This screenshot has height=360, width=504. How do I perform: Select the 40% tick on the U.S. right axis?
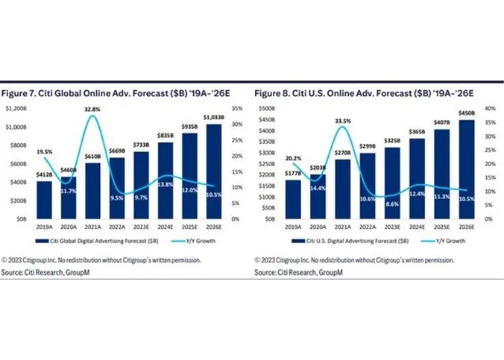[490, 108]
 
